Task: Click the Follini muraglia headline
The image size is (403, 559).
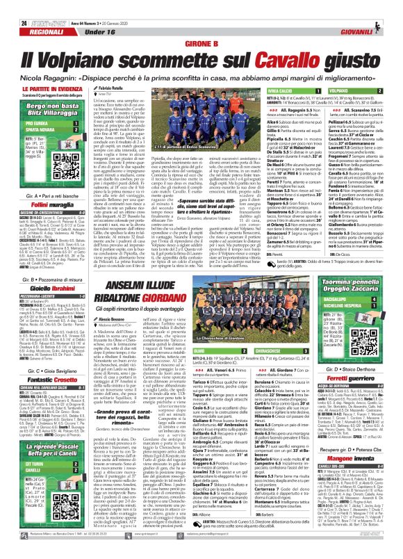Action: click(x=51, y=187)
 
